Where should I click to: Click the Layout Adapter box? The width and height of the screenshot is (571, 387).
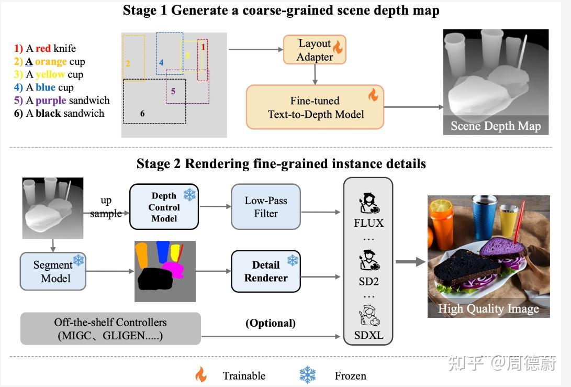315,50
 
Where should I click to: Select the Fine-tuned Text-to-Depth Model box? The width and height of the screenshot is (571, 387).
315,107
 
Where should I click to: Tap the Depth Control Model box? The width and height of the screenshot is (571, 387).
164,206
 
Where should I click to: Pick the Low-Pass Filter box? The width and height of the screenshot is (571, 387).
266,206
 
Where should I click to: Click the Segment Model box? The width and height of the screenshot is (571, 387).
52,271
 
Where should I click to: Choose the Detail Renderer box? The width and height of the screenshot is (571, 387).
266,271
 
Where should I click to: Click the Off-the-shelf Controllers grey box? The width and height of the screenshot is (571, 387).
110,329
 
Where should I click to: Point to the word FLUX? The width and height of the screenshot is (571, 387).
368,223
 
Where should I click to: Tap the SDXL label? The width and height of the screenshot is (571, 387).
368,335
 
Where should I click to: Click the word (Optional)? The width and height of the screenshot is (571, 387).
271,323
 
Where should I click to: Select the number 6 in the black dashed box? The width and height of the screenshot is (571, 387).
142,113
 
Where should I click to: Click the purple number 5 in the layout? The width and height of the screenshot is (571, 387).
173,91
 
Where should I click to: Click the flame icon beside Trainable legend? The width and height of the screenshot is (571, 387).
200,375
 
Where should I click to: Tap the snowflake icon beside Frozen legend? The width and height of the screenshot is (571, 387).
308,375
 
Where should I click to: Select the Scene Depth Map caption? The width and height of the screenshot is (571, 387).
495,126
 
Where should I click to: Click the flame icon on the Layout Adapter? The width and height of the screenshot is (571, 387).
337,47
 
